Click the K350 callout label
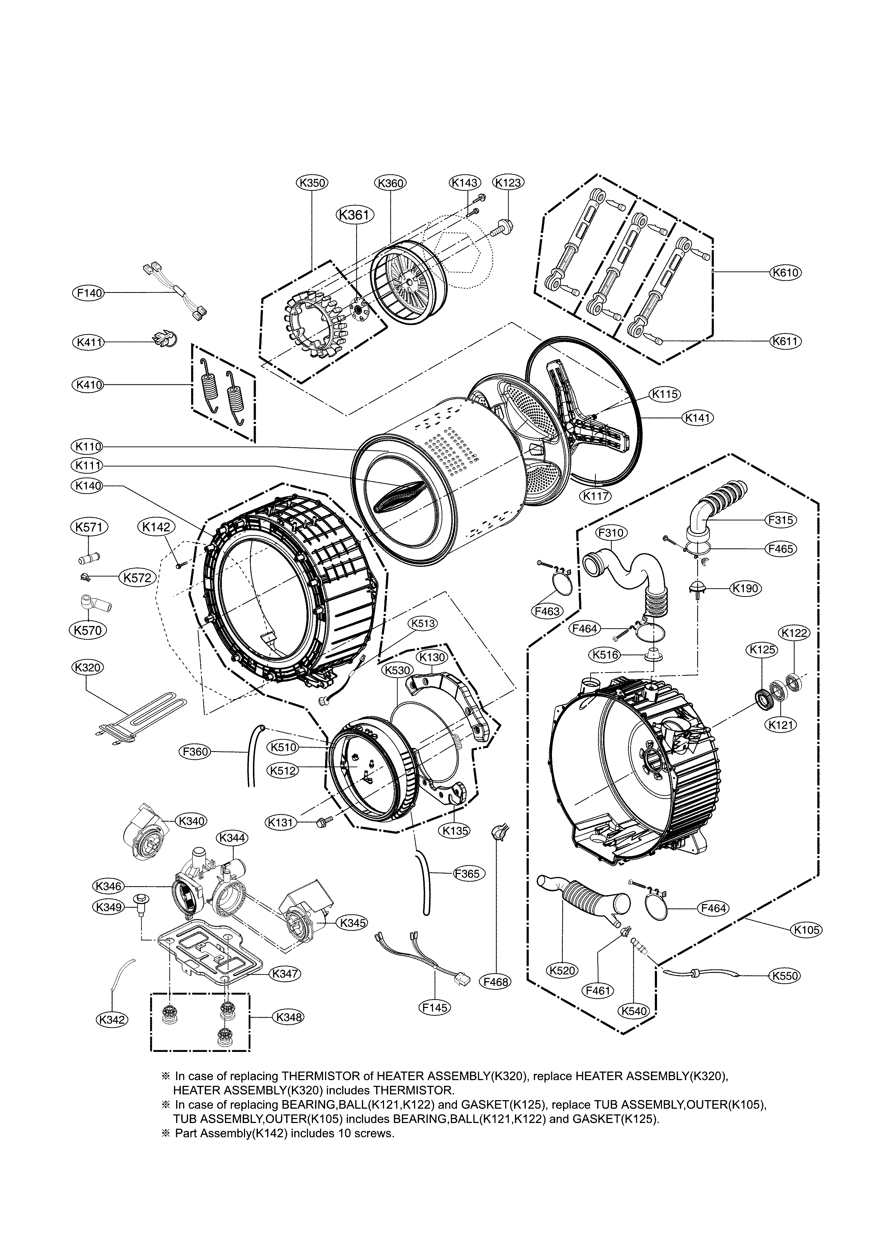click(312, 183)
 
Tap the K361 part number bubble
click(355, 215)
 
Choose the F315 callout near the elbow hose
click(781, 520)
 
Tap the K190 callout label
click(746, 588)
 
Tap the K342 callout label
click(112, 1019)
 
